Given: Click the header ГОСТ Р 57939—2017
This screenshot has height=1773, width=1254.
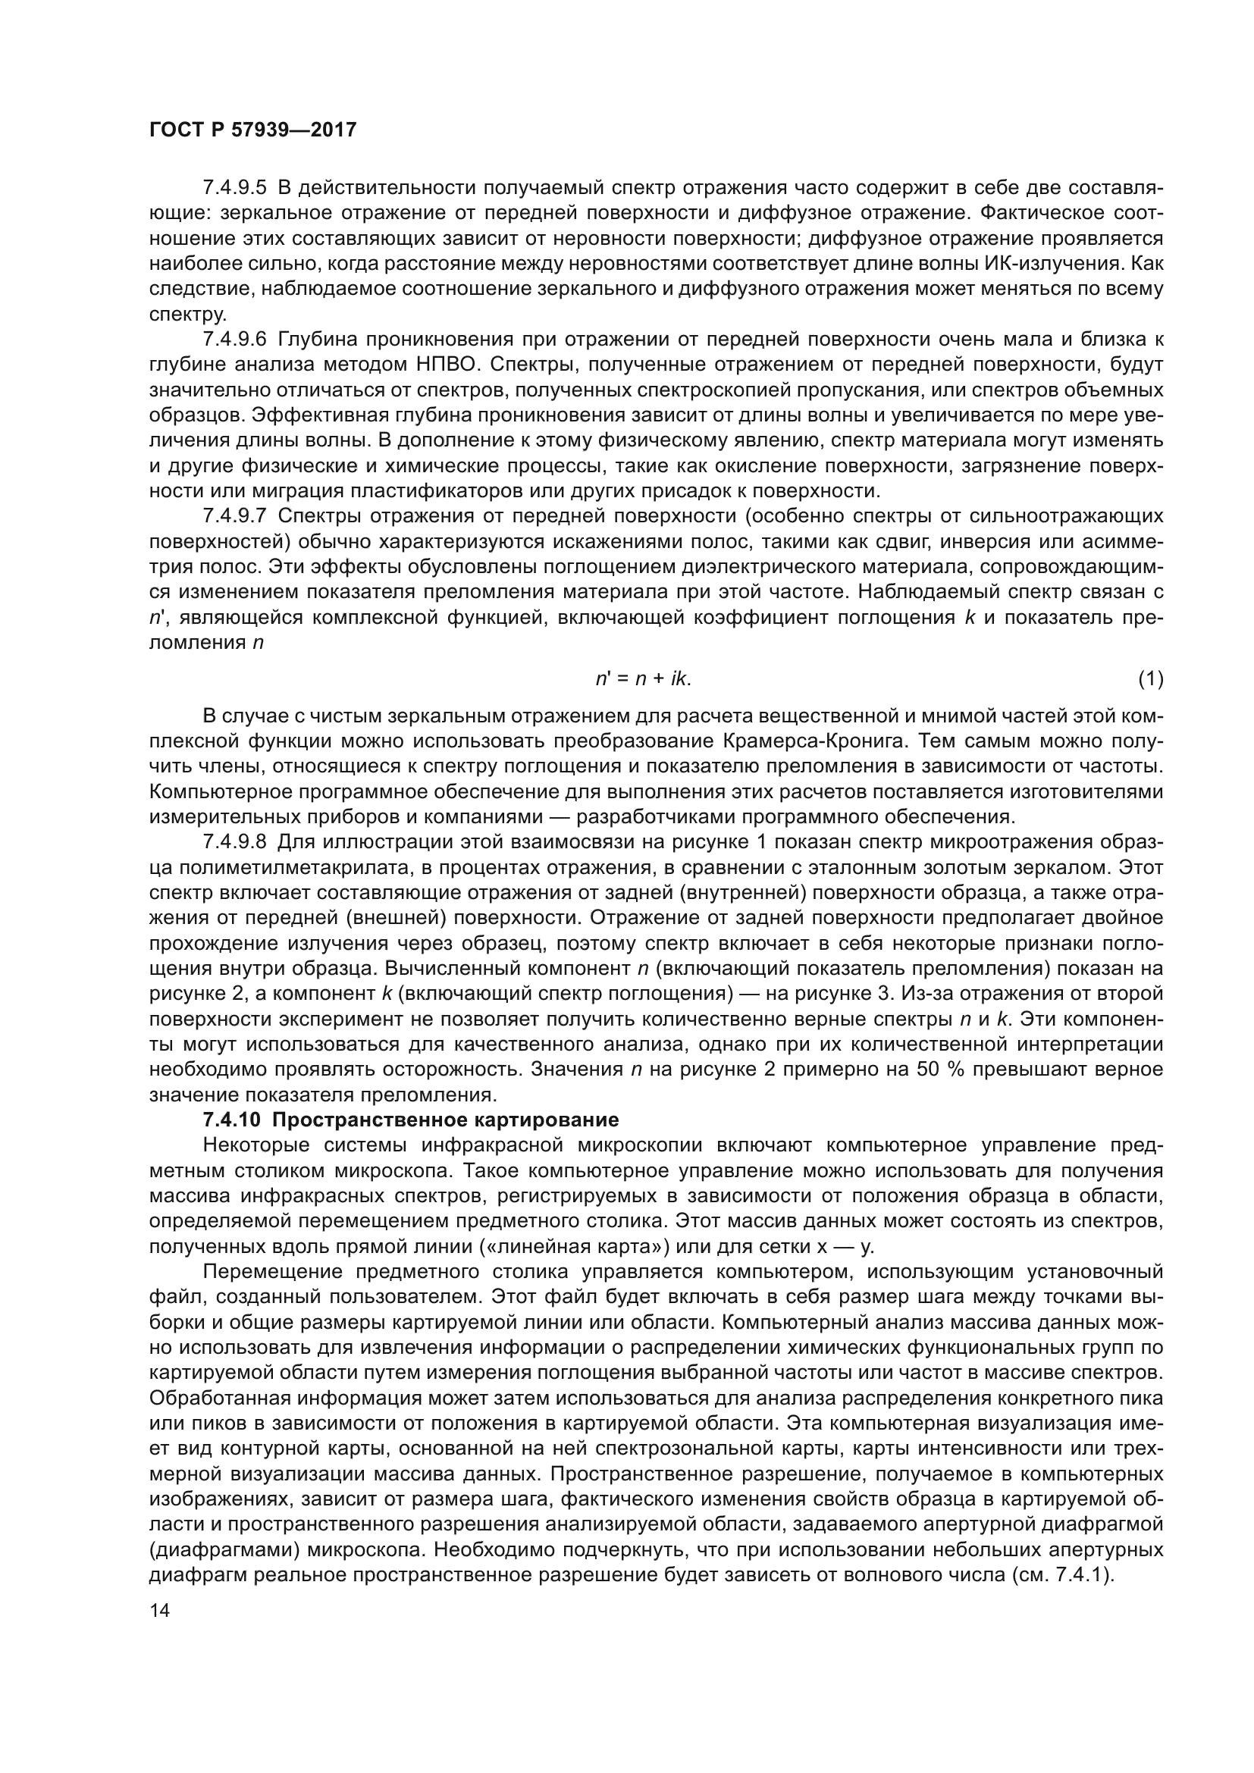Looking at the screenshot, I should [x=252, y=130].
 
